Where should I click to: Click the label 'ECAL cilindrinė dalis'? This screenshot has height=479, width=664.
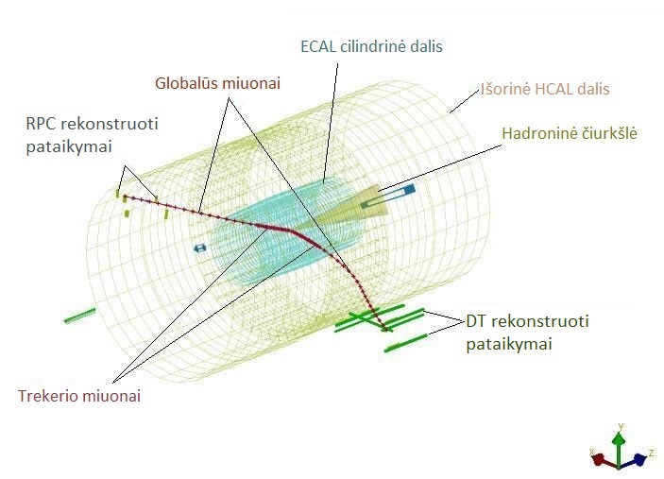pos(371,46)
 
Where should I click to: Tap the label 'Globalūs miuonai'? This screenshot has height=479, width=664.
pos(217,83)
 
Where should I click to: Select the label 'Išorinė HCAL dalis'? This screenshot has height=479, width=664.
pos(545,89)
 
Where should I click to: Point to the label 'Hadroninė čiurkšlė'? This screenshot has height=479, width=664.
pos(570,133)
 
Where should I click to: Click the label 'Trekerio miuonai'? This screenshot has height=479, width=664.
pos(79,396)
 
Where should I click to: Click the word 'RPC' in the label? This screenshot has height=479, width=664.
pos(41,124)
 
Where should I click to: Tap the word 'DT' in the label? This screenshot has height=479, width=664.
pos(476,321)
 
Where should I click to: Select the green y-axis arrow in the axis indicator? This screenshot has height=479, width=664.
pos(620,446)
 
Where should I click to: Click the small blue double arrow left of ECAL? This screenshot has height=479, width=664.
pos(199,248)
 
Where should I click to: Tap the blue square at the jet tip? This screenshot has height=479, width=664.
pos(409,189)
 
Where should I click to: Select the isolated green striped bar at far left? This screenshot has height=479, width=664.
pos(79,316)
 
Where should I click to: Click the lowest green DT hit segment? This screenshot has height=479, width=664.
pos(406,343)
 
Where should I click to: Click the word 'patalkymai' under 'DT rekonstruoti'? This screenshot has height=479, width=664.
pos(509,344)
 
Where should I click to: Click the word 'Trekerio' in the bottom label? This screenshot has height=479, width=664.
pos(47,396)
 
